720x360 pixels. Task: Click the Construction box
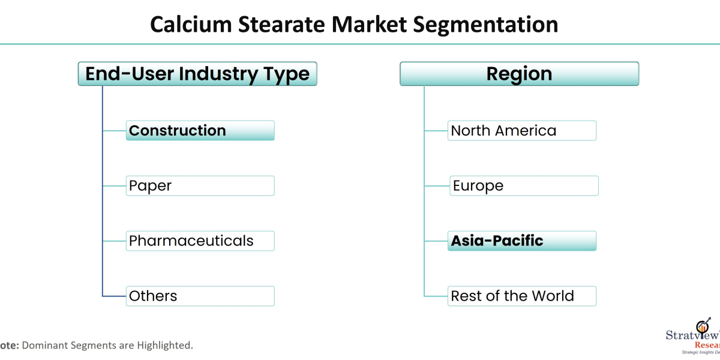point(200,131)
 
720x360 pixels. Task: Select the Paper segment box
point(200,186)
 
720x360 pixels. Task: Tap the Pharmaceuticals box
point(200,241)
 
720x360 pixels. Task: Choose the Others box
point(200,296)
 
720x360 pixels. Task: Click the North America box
point(522,131)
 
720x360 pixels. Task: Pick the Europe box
point(524,186)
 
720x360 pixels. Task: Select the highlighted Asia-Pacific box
point(522,241)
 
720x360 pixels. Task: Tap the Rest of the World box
point(522,296)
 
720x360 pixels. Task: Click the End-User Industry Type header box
point(197,74)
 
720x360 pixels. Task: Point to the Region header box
point(519,74)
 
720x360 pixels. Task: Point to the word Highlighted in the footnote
point(166,346)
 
